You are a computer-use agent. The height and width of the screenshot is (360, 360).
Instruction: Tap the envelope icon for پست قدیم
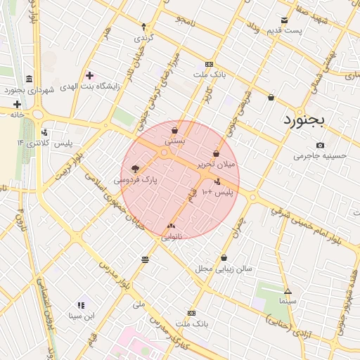pyautogui.click(x=284, y=20)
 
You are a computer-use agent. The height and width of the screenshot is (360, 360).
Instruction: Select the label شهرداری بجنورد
pyautogui.click(x=29, y=89)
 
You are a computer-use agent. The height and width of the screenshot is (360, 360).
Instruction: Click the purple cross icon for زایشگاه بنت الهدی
pyautogui.click(x=89, y=75)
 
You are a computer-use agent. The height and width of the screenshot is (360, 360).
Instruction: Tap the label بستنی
pyautogui.click(x=174, y=141)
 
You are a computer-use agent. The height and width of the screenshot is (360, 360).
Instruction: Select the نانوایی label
pyautogui.click(x=172, y=237)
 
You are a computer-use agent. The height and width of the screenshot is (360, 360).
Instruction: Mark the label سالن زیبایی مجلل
pyautogui.click(x=224, y=269)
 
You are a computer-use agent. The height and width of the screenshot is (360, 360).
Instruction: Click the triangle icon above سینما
pyautogui.click(x=288, y=291)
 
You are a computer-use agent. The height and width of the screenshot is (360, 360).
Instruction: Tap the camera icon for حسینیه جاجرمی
pyautogui.click(x=320, y=146)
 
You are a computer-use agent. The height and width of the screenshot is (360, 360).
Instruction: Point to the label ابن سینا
pyautogui.click(x=81, y=316)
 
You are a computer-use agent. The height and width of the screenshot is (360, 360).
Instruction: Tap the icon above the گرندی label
pyautogui.click(x=143, y=25)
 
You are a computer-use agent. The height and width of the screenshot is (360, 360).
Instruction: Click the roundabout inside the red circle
pyautogui.click(x=165, y=152)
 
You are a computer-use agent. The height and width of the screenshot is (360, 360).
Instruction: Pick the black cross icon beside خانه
pyautogui.click(x=16, y=104)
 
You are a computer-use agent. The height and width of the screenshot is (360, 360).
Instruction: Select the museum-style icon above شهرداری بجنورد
pyautogui.click(x=28, y=79)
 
